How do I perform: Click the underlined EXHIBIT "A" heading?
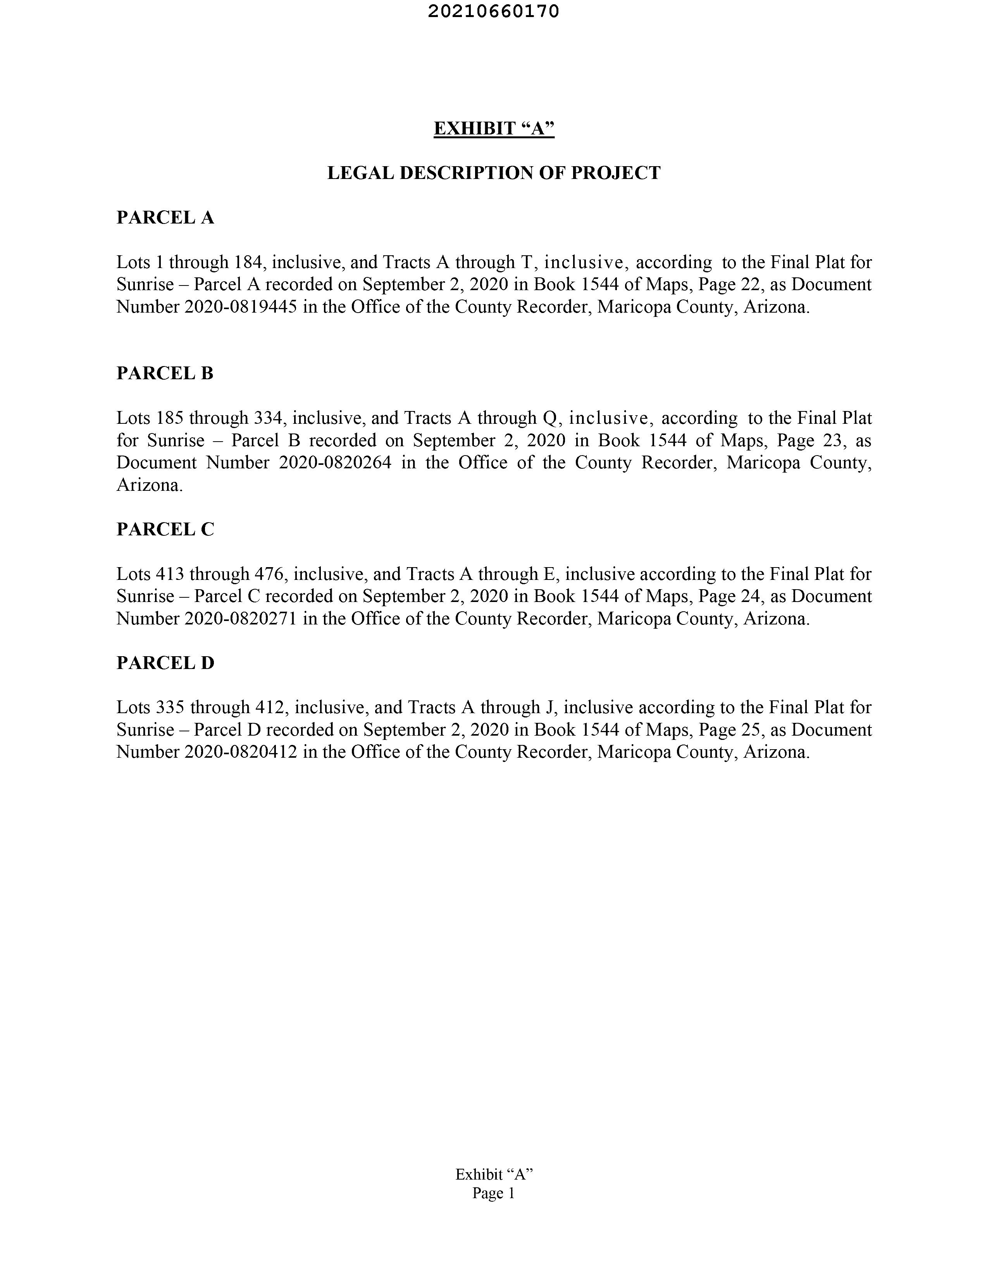click(x=494, y=128)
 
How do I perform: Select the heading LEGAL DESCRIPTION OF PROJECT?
click(x=494, y=173)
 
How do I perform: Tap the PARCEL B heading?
click(x=165, y=373)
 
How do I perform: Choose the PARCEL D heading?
click(x=165, y=663)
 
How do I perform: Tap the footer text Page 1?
click(x=494, y=1193)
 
